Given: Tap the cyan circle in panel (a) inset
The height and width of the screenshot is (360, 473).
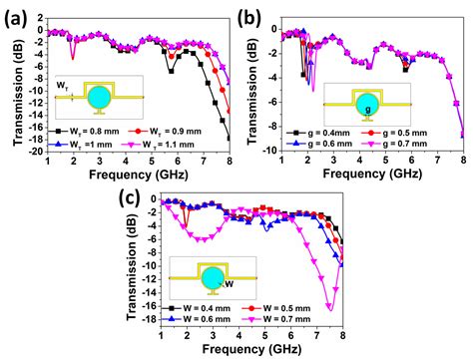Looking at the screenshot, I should (x=101, y=97).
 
